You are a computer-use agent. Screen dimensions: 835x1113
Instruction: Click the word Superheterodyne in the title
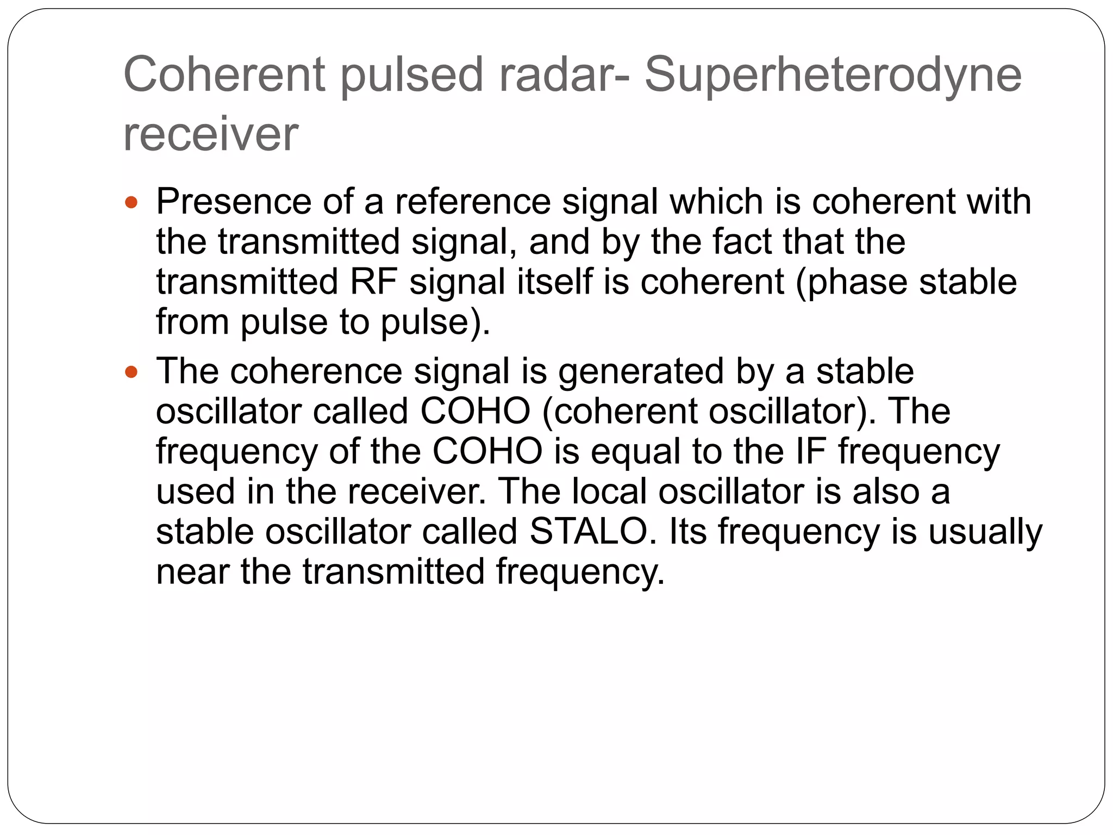coord(833,76)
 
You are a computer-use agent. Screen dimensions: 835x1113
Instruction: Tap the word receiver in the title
coord(211,134)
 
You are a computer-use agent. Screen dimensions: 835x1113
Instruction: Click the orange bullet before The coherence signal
coord(131,372)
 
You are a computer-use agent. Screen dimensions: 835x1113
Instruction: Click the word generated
coord(641,371)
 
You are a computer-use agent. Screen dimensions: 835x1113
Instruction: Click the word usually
coord(985,532)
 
